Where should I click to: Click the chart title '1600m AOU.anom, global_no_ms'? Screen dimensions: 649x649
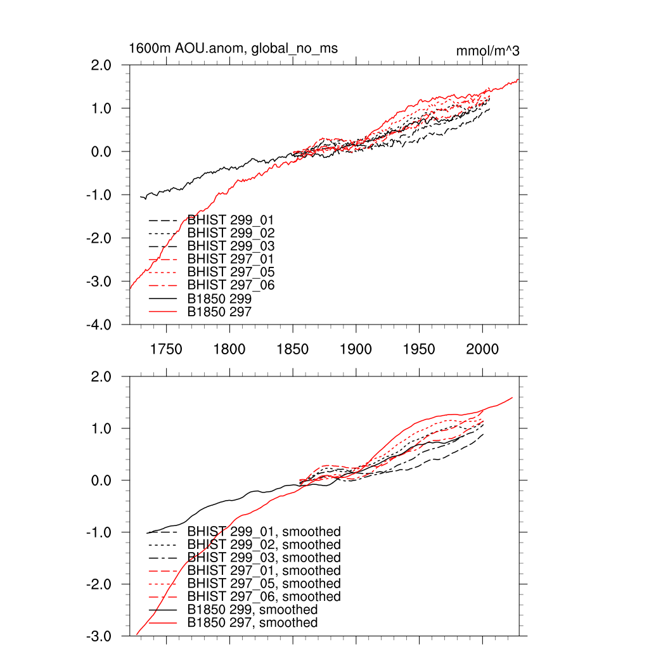point(233,49)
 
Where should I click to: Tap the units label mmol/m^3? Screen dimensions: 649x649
point(487,51)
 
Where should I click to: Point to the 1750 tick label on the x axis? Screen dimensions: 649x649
point(166,349)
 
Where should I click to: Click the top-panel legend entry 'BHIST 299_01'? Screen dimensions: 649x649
point(231,220)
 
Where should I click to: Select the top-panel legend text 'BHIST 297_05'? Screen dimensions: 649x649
point(231,272)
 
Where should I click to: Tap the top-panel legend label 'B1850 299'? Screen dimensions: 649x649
point(219,298)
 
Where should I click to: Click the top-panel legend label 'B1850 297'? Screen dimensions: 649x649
point(219,311)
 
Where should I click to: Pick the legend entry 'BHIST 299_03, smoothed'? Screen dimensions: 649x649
point(264,558)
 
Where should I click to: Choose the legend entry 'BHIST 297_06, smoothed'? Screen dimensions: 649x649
point(264,596)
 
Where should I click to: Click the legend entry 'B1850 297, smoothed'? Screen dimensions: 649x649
point(252,622)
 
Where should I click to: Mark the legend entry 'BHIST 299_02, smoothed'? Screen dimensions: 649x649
point(264,544)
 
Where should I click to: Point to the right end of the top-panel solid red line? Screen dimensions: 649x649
point(518,79)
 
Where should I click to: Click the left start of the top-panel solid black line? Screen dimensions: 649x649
point(140,196)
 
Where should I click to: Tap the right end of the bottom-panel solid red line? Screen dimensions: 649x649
point(512,397)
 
